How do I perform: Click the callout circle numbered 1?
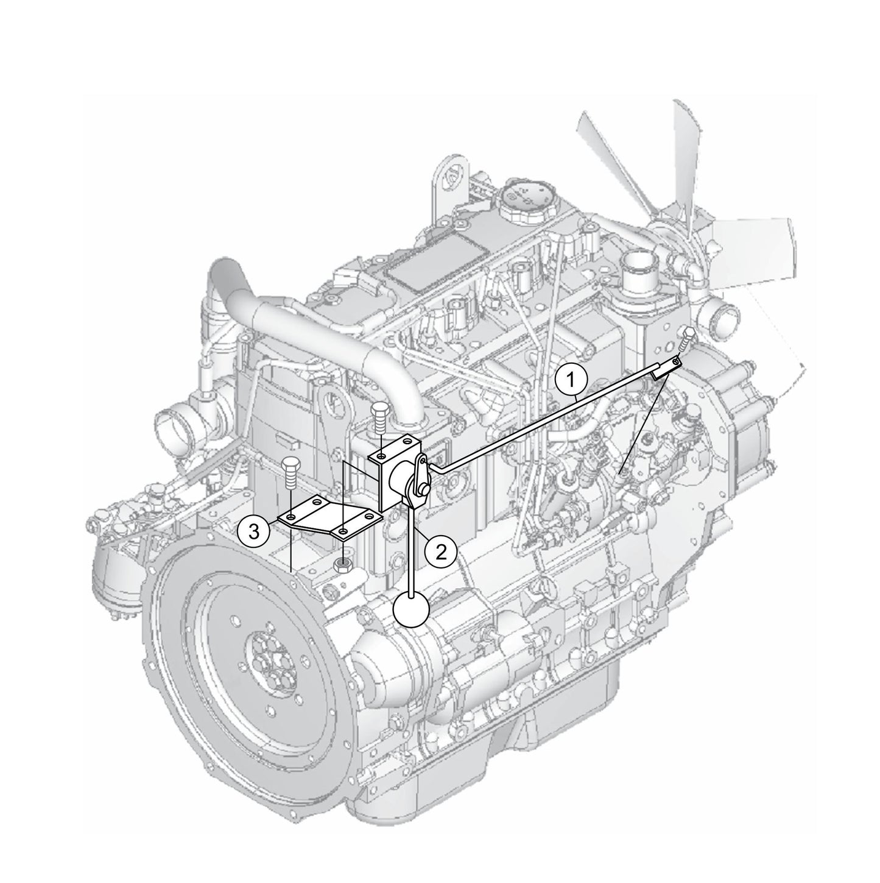(x=570, y=380)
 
